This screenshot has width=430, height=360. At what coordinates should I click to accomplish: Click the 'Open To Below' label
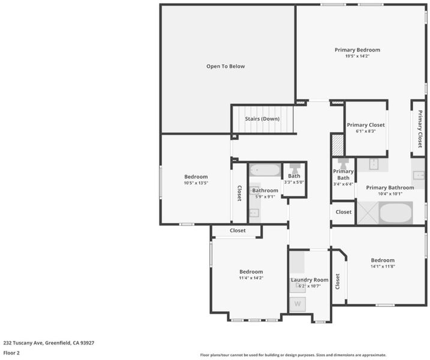pyautogui.click(x=225, y=67)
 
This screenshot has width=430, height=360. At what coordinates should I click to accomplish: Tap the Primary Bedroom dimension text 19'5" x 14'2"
pyautogui.click(x=357, y=56)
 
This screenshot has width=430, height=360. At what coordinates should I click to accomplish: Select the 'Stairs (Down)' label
pyautogui.click(x=262, y=119)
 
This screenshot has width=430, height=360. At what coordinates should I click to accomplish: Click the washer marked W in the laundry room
pyautogui.click(x=297, y=304)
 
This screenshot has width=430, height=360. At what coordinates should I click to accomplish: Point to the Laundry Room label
pyautogui.click(x=309, y=280)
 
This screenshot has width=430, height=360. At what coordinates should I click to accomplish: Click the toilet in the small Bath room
pyautogui.click(x=294, y=168)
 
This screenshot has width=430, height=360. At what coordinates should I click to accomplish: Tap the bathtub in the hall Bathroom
pyautogui.click(x=265, y=170)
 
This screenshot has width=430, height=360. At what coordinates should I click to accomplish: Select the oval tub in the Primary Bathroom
pyautogui.click(x=396, y=213)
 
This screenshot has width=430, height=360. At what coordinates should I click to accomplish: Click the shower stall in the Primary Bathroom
pyautogui.click(x=368, y=213)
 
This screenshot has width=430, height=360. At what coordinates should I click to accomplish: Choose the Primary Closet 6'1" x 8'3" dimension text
pyautogui.click(x=366, y=131)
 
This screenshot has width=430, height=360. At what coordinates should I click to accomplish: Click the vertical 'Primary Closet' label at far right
pyautogui.click(x=420, y=128)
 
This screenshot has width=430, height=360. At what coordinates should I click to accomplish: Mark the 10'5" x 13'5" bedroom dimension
pyautogui.click(x=196, y=183)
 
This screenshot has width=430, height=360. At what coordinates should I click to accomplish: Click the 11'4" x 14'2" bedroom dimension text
pyautogui.click(x=251, y=278)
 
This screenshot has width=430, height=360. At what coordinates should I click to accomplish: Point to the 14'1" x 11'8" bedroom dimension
pyautogui.click(x=383, y=266)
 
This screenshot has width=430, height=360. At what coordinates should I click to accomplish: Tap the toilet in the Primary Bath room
pyautogui.click(x=343, y=164)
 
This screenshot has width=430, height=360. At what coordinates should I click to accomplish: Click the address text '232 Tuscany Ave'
pyautogui.click(x=23, y=343)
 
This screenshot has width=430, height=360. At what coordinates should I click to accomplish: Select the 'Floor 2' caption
pyautogui.click(x=11, y=353)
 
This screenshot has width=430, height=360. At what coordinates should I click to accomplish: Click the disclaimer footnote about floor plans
pyautogui.click(x=293, y=355)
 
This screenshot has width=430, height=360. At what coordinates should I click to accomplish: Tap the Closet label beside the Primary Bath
pyautogui.click(x=344, y=212)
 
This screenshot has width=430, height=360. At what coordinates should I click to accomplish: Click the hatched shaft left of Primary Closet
pyautogui.click(x=338, y=145)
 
